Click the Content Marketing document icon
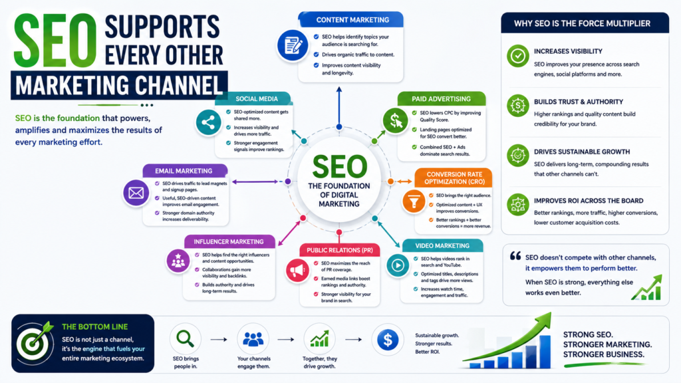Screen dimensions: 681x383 click(293, 45)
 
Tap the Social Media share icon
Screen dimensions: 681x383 click(208, 122)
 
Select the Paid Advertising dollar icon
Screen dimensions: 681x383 click(395, 120)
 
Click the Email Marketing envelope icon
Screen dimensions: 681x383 click(136, 192)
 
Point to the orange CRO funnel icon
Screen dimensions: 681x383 click(414, 201)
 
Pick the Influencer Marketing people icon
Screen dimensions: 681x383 click(178, 261)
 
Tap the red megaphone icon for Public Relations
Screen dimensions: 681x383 click(297, 270)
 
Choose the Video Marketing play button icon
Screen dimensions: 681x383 click(398, 265)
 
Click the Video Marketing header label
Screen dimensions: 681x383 click(442, 246)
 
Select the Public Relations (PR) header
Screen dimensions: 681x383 click(340, 250)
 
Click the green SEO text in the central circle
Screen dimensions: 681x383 click(339, 167)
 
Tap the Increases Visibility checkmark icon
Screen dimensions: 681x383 click(517, 56)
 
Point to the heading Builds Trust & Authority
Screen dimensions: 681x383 click(579, 102)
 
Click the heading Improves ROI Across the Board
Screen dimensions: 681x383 click(589, 201)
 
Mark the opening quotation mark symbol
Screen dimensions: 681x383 click(515, 256)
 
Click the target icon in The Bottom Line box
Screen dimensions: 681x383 click(34, 342)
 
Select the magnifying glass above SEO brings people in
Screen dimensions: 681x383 click(185, 338)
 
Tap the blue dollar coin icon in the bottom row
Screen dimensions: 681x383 click(388, 340)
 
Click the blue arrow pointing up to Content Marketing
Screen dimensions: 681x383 click(339, 107)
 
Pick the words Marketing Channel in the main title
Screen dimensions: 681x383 click(119, 86)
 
